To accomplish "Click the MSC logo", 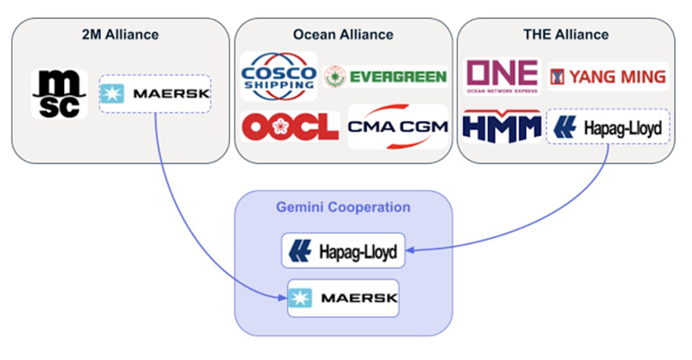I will pos(59,94).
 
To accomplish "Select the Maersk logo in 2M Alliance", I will pos(155,94).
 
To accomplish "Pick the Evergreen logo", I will pos(385,76).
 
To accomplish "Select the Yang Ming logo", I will pos(607,76).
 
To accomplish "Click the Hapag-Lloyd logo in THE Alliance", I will pos(607,128).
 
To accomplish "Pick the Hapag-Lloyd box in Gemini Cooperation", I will pos(343,251).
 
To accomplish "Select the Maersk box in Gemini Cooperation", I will pos(343,298).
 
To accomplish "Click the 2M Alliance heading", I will pos(121,34).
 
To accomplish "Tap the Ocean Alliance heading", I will pos(343,34).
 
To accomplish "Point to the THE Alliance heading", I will pos(565,34).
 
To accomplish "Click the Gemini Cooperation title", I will pos(343,206).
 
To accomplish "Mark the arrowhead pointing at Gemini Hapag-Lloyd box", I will pos(410,251).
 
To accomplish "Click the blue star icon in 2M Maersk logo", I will pos(112,94).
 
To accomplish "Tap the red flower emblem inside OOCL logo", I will pos(283,126).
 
